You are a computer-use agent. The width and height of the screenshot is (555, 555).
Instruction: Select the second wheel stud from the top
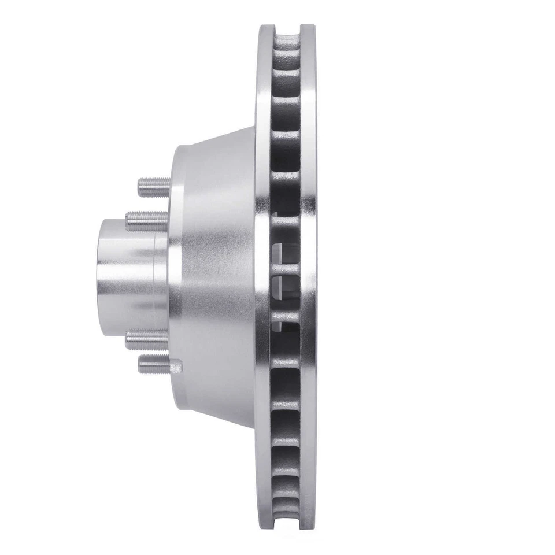coord(145,219)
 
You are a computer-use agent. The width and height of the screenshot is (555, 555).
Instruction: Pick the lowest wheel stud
coord(153,364)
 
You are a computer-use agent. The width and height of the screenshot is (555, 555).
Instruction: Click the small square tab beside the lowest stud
coord(177,365)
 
